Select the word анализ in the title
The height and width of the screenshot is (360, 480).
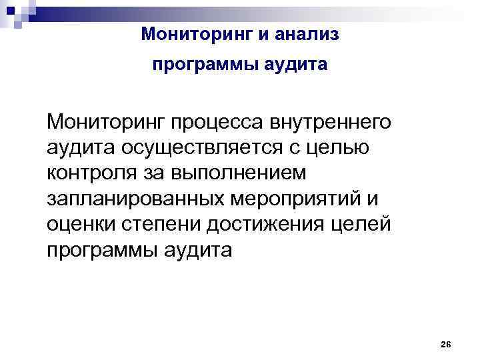[308, 34]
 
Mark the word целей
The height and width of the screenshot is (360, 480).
[364, 225]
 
